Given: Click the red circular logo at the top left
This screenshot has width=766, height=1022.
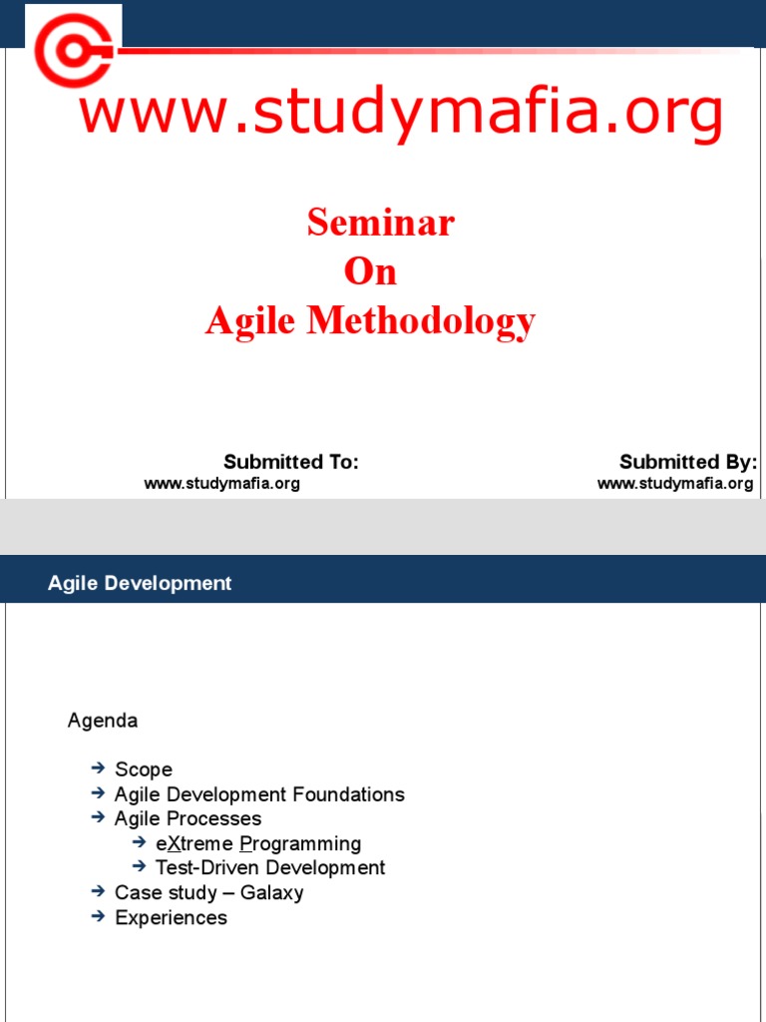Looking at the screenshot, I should pyautogui.click(x=72, y=48).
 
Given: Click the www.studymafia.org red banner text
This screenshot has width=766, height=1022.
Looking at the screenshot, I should pyautogui.click(x=401, y=113).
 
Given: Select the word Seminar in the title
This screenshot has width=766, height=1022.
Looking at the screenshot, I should pyautogui.click(x=381, y=222).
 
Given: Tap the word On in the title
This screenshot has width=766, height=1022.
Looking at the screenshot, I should pyautogui.click(x=370, y=271).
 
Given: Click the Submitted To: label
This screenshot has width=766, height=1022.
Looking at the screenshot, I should pyautogui.click(x=290, y=462).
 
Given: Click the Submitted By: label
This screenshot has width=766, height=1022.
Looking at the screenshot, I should pyautogui.click(x=688, y=462).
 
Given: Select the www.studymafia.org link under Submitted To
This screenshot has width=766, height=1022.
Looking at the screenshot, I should pyautogui.click(x=221, y=484).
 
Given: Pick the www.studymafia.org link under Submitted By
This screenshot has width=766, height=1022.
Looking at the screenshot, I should pyautogui.click(x=675, y=484).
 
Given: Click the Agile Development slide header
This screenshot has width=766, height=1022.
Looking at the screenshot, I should pyautogui.click(x=140, y=584).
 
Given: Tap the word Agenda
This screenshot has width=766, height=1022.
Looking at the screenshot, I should pyautogui.click(x=103, y=721).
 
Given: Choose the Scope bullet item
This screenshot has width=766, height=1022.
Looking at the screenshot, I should pyautogui.click(x=144, y=769).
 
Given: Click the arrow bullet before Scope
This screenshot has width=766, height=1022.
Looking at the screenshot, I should pyautogui.click(x=97, y=767).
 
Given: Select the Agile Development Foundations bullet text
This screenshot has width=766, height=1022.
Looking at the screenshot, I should pyautogui.click(x=259, y=794).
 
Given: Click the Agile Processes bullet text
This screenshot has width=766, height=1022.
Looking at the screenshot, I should pyautogui.click(x=188, y=818).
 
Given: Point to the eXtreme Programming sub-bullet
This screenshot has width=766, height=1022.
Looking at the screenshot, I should pyautogui.click(x=258, y=844).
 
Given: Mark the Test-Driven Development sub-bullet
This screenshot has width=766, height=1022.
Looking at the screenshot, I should pyautogui.click(x=270, y=868).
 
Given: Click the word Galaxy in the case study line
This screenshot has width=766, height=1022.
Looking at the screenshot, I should pyautogui.click(x=271, y=893).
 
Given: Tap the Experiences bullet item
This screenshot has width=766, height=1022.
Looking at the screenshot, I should pyautogui.click(x=171, y=917).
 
